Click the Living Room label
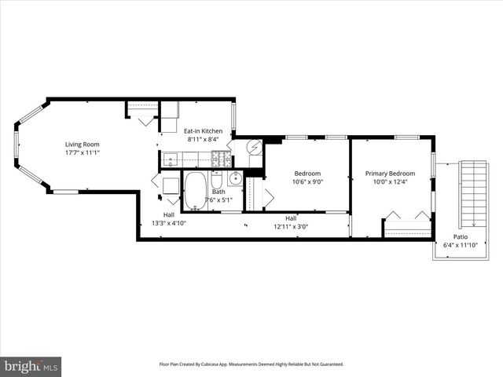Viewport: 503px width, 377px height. [82, 144]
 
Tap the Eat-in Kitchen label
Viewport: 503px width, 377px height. [204, 130]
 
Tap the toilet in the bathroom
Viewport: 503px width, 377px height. [217, 180]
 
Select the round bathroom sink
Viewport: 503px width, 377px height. [235, 178]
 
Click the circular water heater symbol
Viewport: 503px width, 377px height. [255, 147]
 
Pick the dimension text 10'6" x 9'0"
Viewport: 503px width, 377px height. [307, 181]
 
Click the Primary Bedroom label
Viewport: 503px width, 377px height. [390, 173]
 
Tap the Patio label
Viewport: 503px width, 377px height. [461, 236]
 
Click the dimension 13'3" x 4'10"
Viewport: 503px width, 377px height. [168, 223]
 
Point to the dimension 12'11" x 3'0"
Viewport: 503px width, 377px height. [290, 226]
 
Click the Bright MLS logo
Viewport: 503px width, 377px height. [31, 366]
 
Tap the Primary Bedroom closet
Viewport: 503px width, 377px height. [407, 229]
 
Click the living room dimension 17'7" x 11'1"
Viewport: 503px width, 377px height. [82, 152]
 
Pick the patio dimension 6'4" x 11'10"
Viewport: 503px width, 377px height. [461, 245]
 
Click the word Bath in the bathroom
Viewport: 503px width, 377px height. [218, 192]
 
